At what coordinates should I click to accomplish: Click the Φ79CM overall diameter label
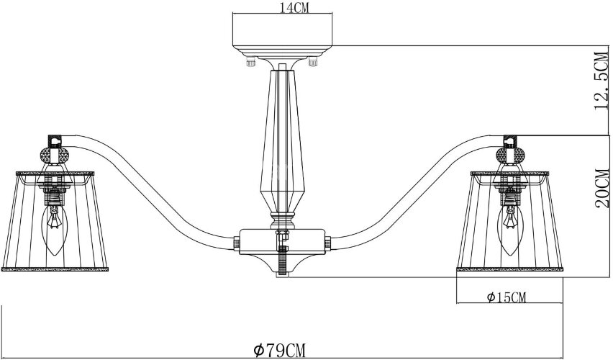click(x=281, y=350)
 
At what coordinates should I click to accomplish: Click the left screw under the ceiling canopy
click(x=250, y=63)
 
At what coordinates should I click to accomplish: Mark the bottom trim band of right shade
click(x=510, y=269)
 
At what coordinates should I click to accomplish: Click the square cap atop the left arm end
click(x=53, y=139)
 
